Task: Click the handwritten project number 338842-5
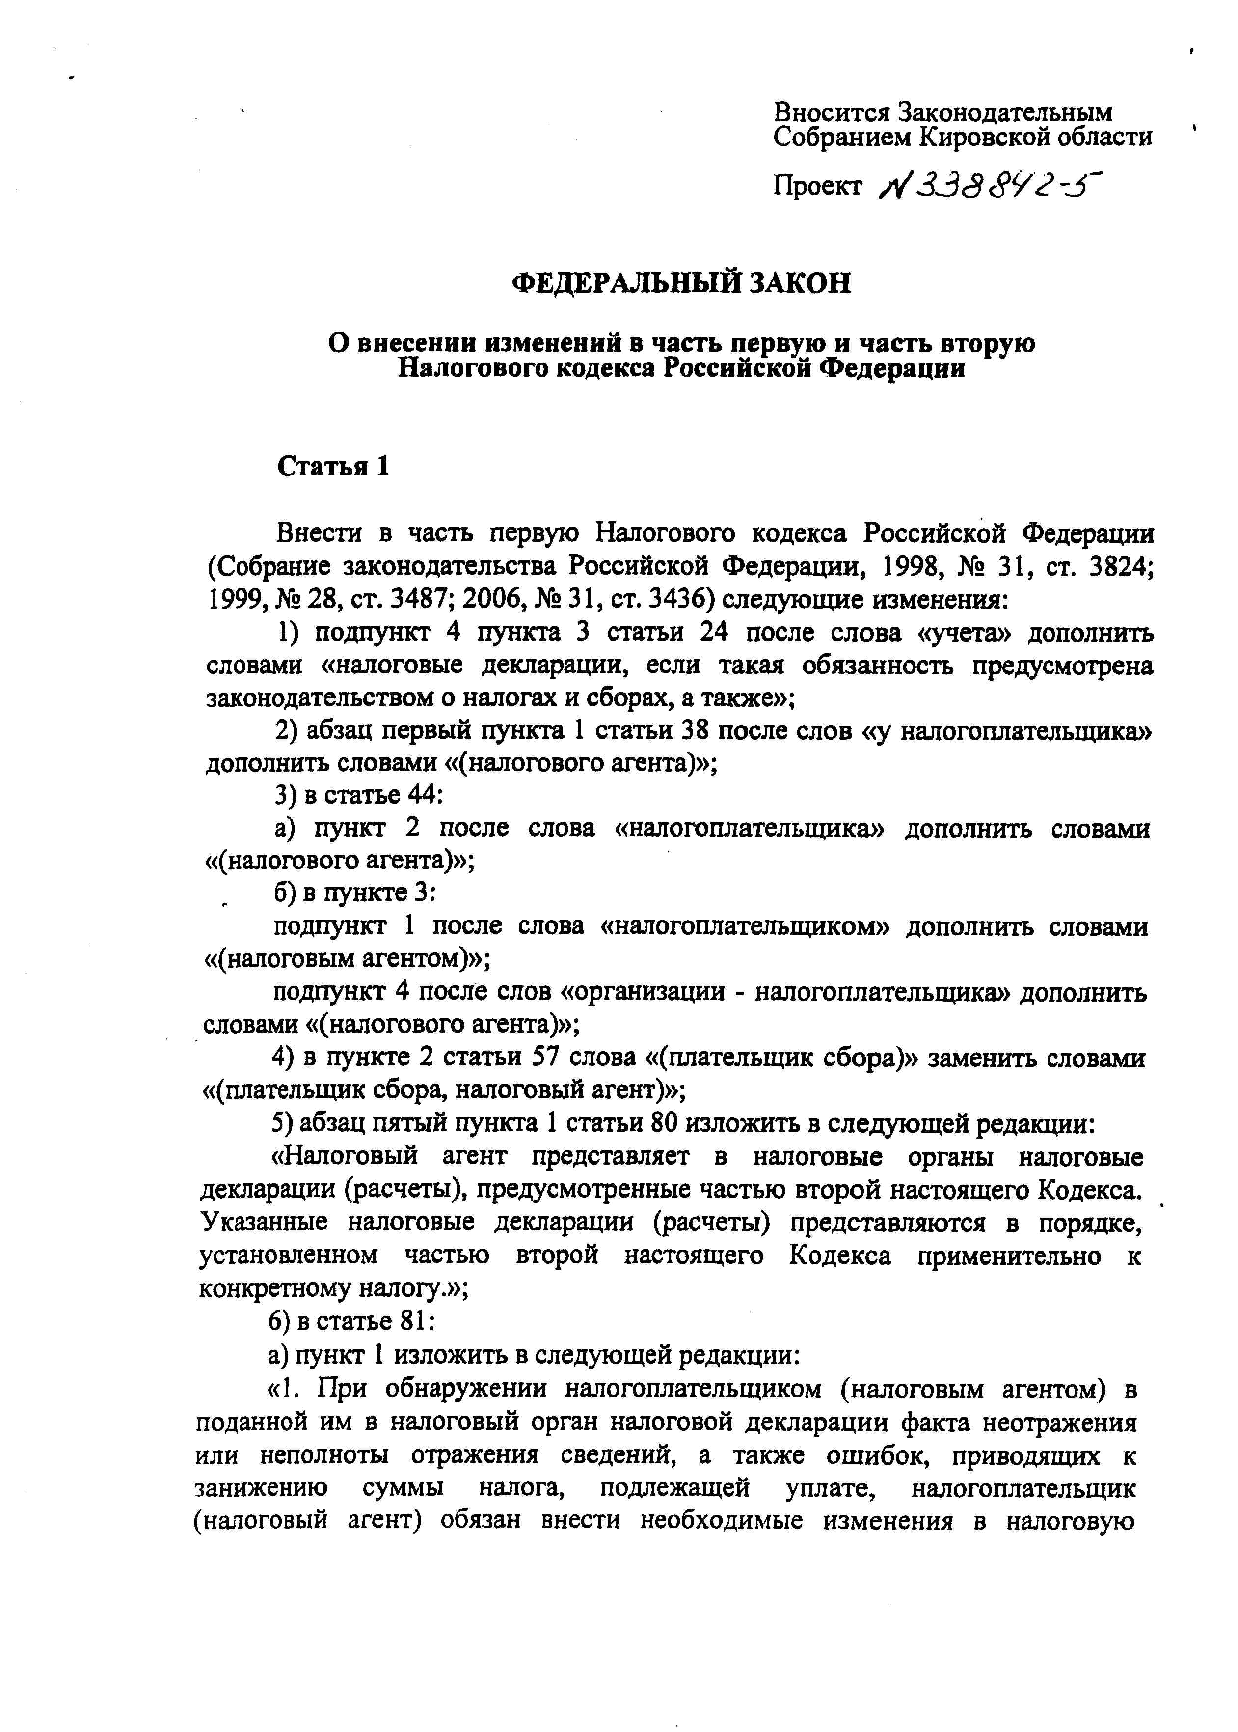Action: tap(992, 184)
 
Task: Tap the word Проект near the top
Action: tap(818, 185)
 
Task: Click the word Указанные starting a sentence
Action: tap(264, 1222)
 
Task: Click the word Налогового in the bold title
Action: tap(470, 369)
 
